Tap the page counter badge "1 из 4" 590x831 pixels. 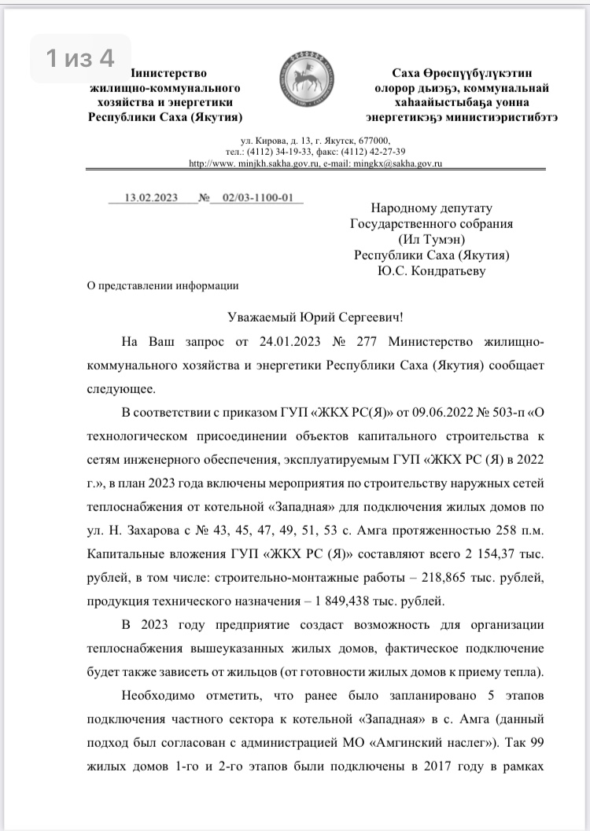pos(80,58)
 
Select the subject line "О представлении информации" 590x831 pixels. pos(162,285)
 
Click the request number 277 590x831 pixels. pos(356,344)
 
